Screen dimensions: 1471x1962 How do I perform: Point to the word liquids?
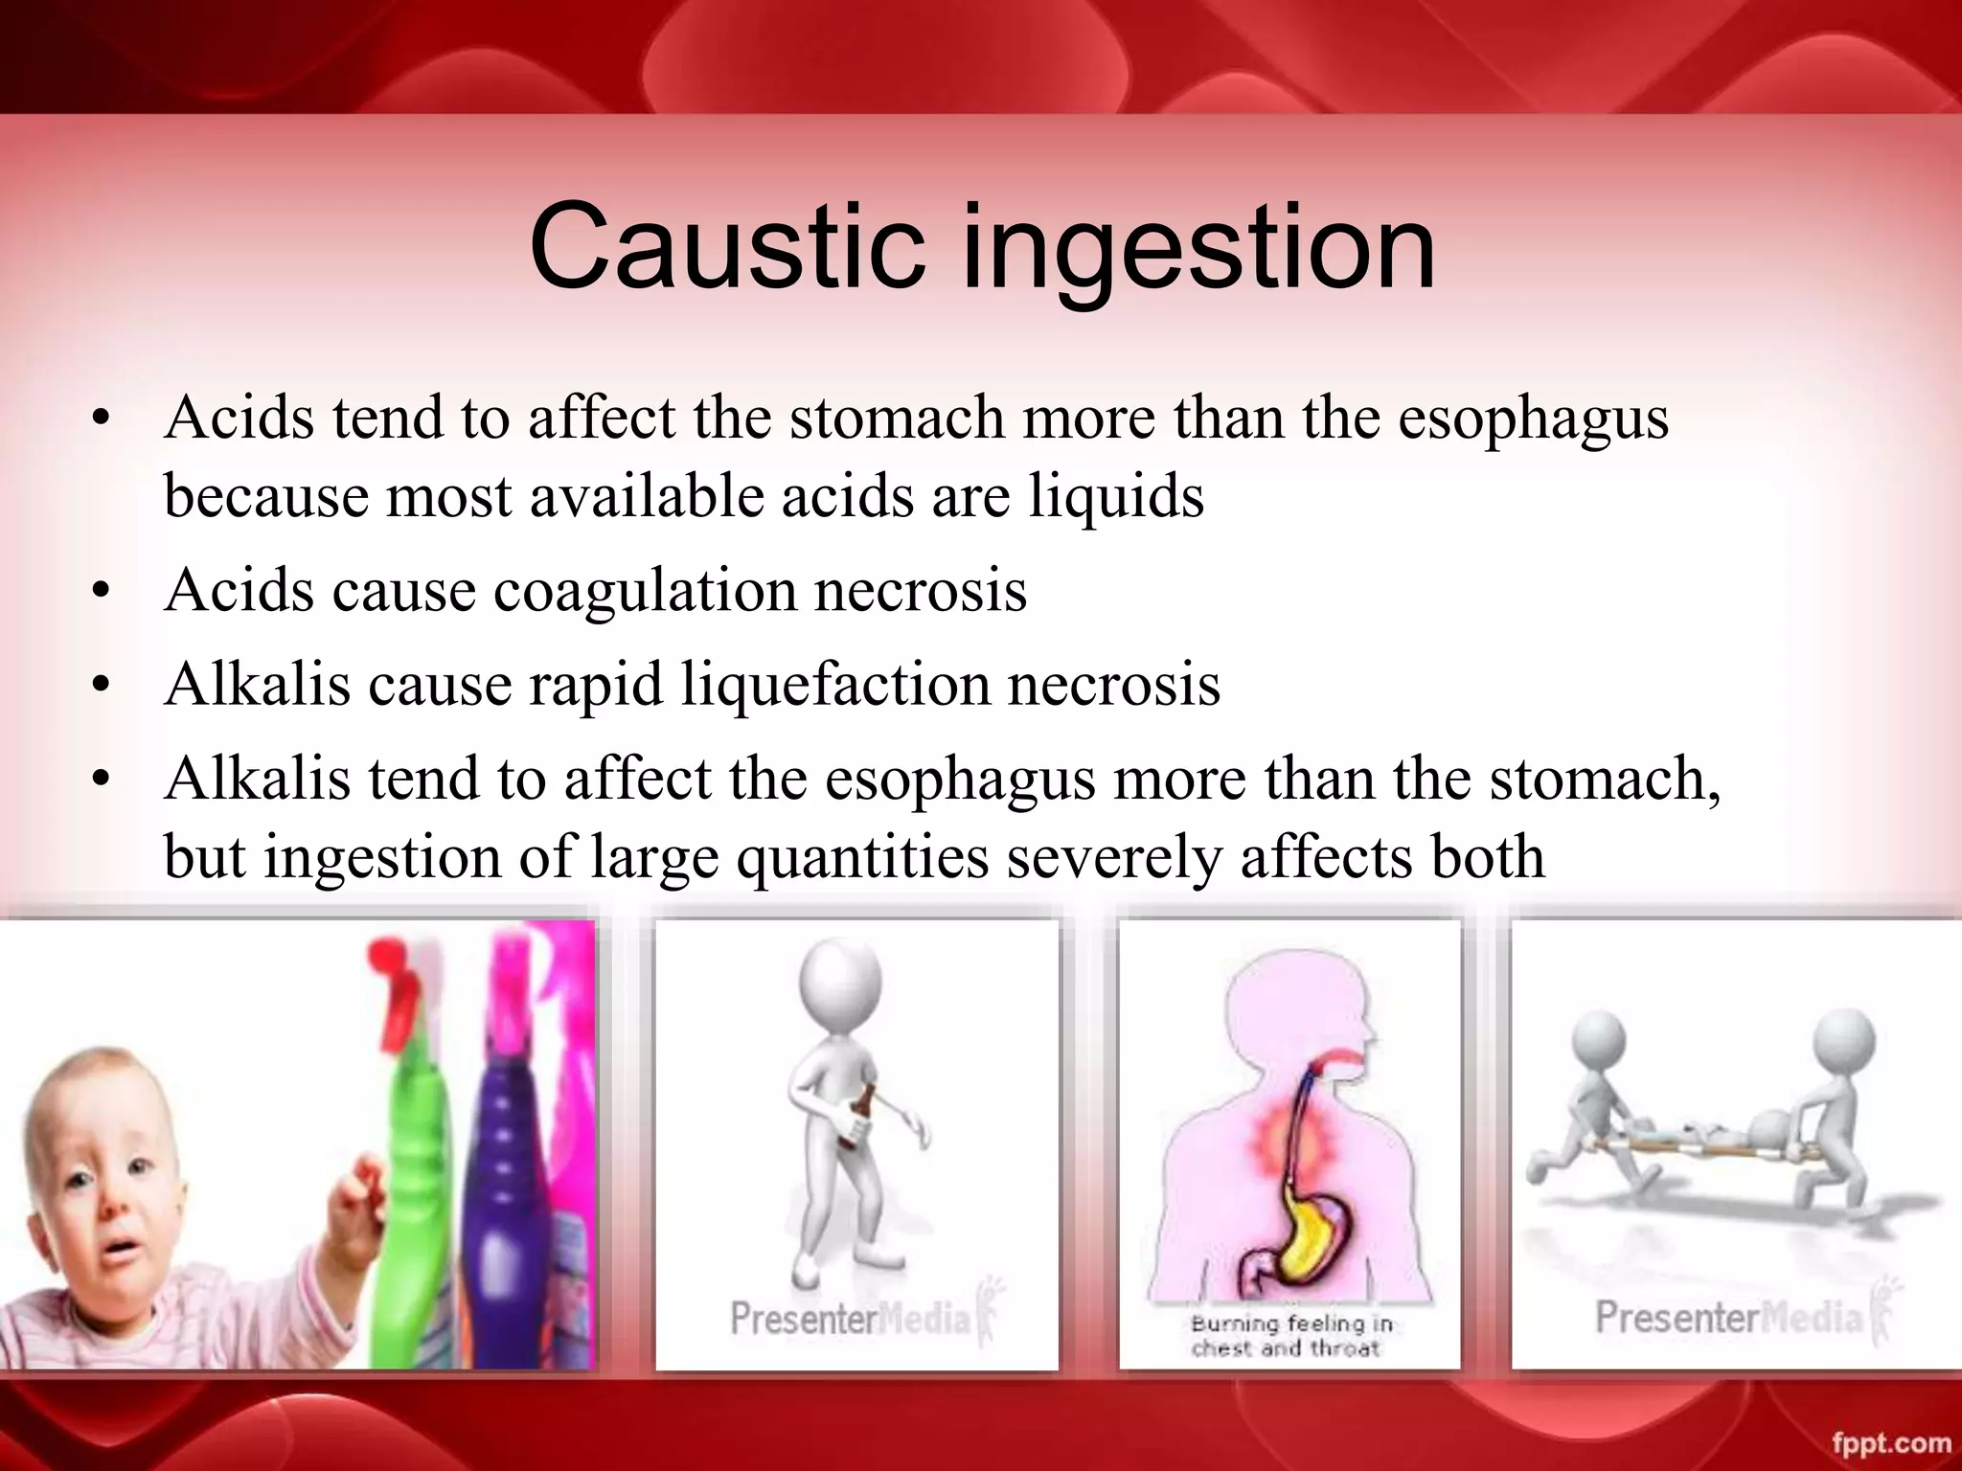point(1116,497)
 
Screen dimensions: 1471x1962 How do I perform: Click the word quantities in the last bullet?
point(862,856)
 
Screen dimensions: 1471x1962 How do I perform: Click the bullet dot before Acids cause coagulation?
point(101,592)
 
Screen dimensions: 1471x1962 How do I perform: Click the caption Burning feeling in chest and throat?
point(1289,1335)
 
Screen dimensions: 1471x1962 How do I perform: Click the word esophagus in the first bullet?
point(1533,419)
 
